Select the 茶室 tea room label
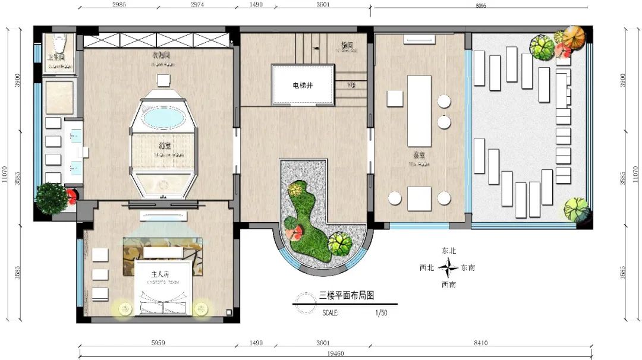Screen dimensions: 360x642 [x=418, y=153]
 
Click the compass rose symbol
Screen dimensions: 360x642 [x=448, y=269]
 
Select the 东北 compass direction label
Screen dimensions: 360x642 [x=448, y=251]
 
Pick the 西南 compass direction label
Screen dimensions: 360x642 [x=448, y=285]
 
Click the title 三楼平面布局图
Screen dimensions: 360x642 [x=347, y=295]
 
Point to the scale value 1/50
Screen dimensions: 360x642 [x=381, y=312]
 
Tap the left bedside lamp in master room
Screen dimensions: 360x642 [x=124, y=309]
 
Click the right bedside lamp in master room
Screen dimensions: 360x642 [x=201, y=309]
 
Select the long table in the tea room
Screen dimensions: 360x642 [x=418, y=110]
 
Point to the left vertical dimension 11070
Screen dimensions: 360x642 [x=5, y=178]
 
